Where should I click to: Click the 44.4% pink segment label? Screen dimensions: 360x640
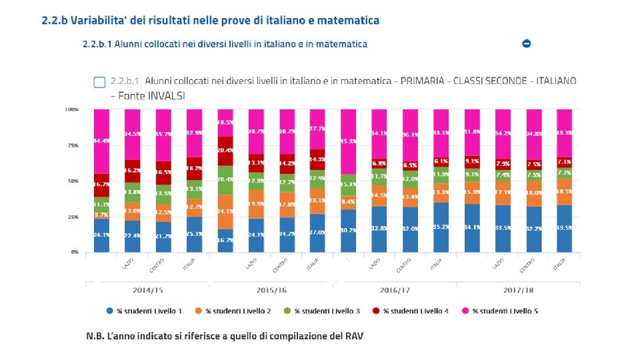(101, 141)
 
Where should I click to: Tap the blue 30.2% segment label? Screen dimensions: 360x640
(349, 230)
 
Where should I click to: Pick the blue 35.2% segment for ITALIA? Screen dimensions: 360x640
(441, 227)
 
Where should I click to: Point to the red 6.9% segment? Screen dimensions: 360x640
(379, 163)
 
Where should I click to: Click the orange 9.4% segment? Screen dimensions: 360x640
(349, 201)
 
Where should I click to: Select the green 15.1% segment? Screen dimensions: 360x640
(349, 185)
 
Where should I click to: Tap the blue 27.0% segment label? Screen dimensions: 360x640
(318, 232)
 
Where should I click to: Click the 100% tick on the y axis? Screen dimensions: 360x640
(71, 109)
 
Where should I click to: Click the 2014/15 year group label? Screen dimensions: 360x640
(147, 291)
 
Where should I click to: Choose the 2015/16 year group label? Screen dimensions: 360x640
(271, 291)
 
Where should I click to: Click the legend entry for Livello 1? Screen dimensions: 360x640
(144, 311)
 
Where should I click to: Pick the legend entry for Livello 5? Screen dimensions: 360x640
(499, 311)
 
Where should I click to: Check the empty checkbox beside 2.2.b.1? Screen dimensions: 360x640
(99, 82)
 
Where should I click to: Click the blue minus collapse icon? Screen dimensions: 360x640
(527, 43)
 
